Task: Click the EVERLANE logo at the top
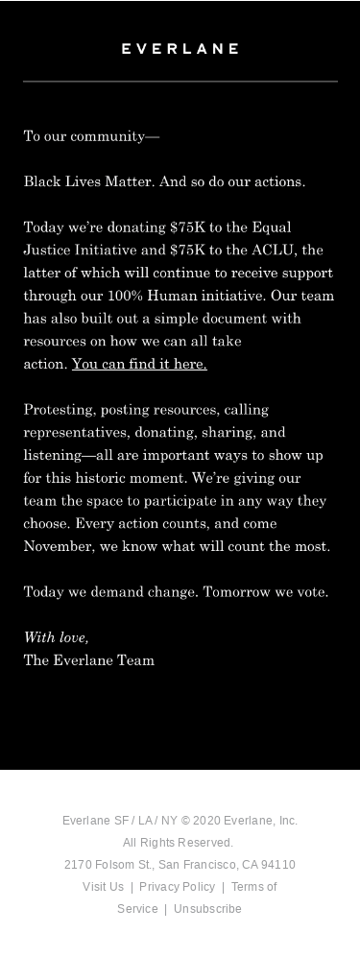tap(180, 48)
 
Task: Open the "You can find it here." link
tap(139, 364)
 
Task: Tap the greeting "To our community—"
tap(91, 136)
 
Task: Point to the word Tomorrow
tap(236, 592)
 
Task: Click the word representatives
tap(75, 432)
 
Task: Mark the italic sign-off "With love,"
tap(56, 637)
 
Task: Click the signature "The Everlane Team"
tap(89, 660)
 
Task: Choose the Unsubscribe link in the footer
tap(207, 909)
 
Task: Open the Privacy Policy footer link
tap(177, 887)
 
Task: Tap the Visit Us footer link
tap(103, 887)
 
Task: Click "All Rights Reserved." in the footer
tap(179, 843)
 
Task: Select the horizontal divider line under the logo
tap(180, 82)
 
